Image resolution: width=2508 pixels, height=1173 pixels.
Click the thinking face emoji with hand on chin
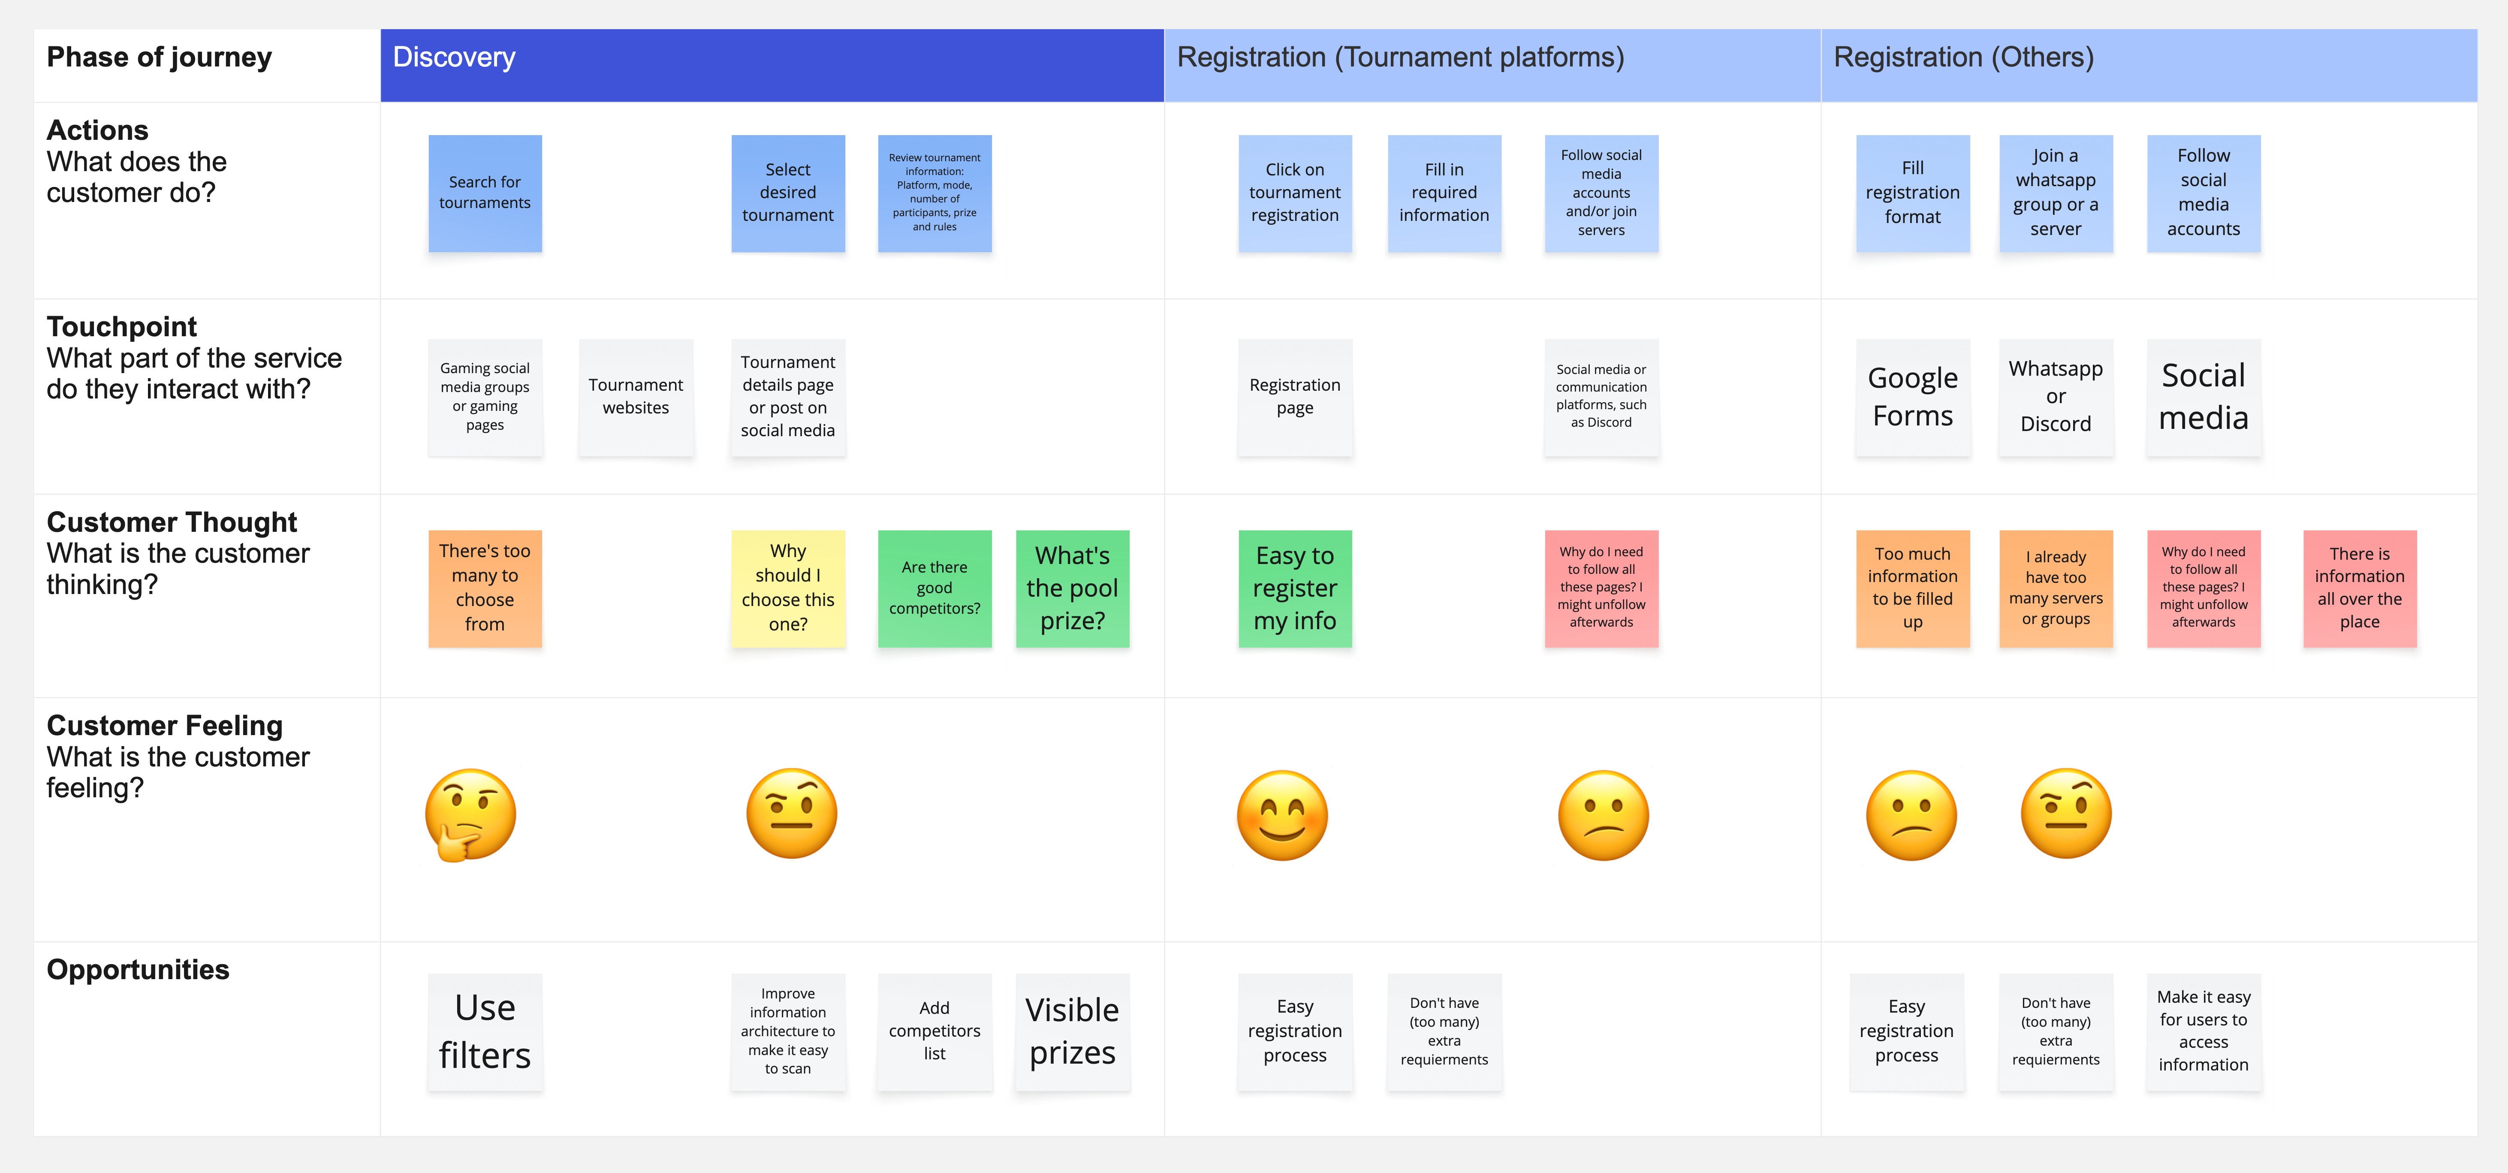click(470, 815)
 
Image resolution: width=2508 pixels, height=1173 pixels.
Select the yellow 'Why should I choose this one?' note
click(788, 588)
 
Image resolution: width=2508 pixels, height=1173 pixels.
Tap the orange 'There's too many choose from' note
click(485, 588)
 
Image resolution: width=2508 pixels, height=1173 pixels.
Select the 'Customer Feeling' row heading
click(165, 726)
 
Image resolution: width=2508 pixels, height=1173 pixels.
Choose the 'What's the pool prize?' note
click(1072, 588)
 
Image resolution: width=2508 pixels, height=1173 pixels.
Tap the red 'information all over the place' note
click(2359, 588)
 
